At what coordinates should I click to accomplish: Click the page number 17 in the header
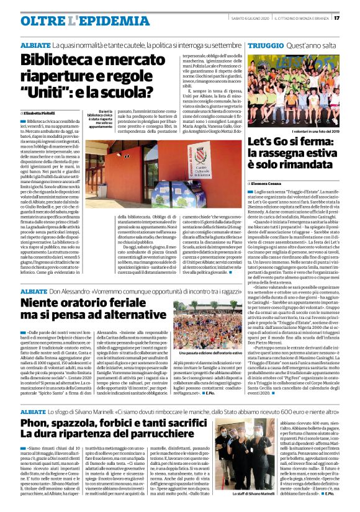(x=351, y=18)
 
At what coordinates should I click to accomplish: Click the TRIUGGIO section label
(x=265, y=46)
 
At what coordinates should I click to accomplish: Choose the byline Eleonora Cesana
(x=271, y=184)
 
